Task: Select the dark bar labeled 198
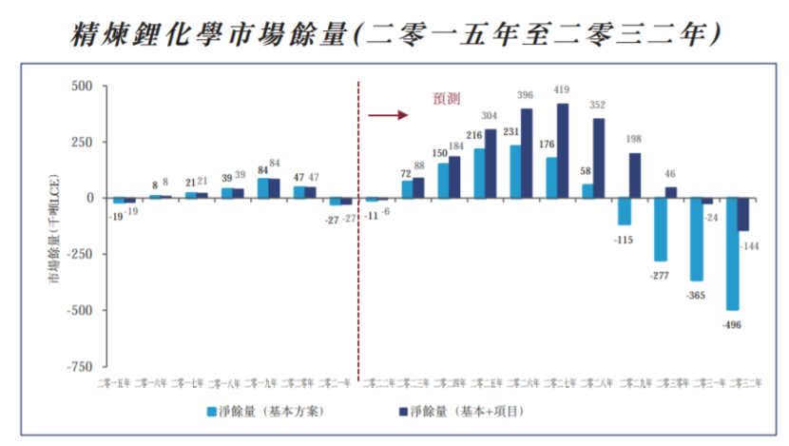(x=635, y=175)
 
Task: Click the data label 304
(x=491, y=116)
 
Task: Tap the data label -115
(x=624, y=239)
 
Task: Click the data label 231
(x=511, y=132)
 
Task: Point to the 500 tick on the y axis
(x=82, y=87)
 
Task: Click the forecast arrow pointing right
(x=387, y=116)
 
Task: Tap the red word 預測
(x=446, y=98)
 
